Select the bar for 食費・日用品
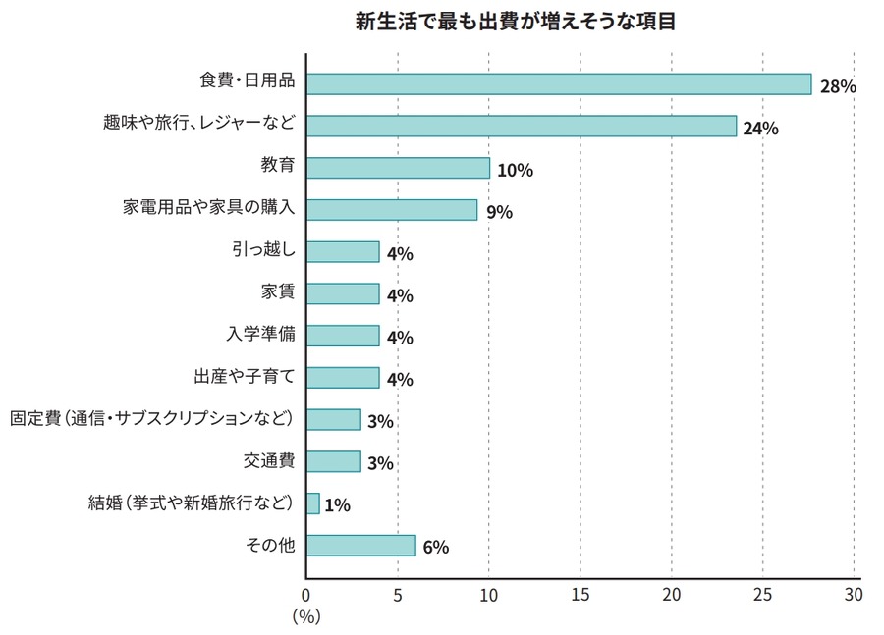[x=559, y=84]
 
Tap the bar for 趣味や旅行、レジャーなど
[x=522, y=126]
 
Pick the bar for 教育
[x=398, y=168]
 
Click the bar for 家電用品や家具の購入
[x=392, y=210]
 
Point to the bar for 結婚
[x=313, y=503]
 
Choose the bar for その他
[x=360, y=546]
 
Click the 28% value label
[x=839, y=86]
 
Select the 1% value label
[x=337, y=505]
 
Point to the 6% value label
[x=435, y=548]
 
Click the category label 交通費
[x=269, y=460]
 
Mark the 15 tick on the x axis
[x=580, y=595]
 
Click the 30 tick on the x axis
[x=853, y=595]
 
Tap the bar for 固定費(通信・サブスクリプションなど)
[x=333, y=419]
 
